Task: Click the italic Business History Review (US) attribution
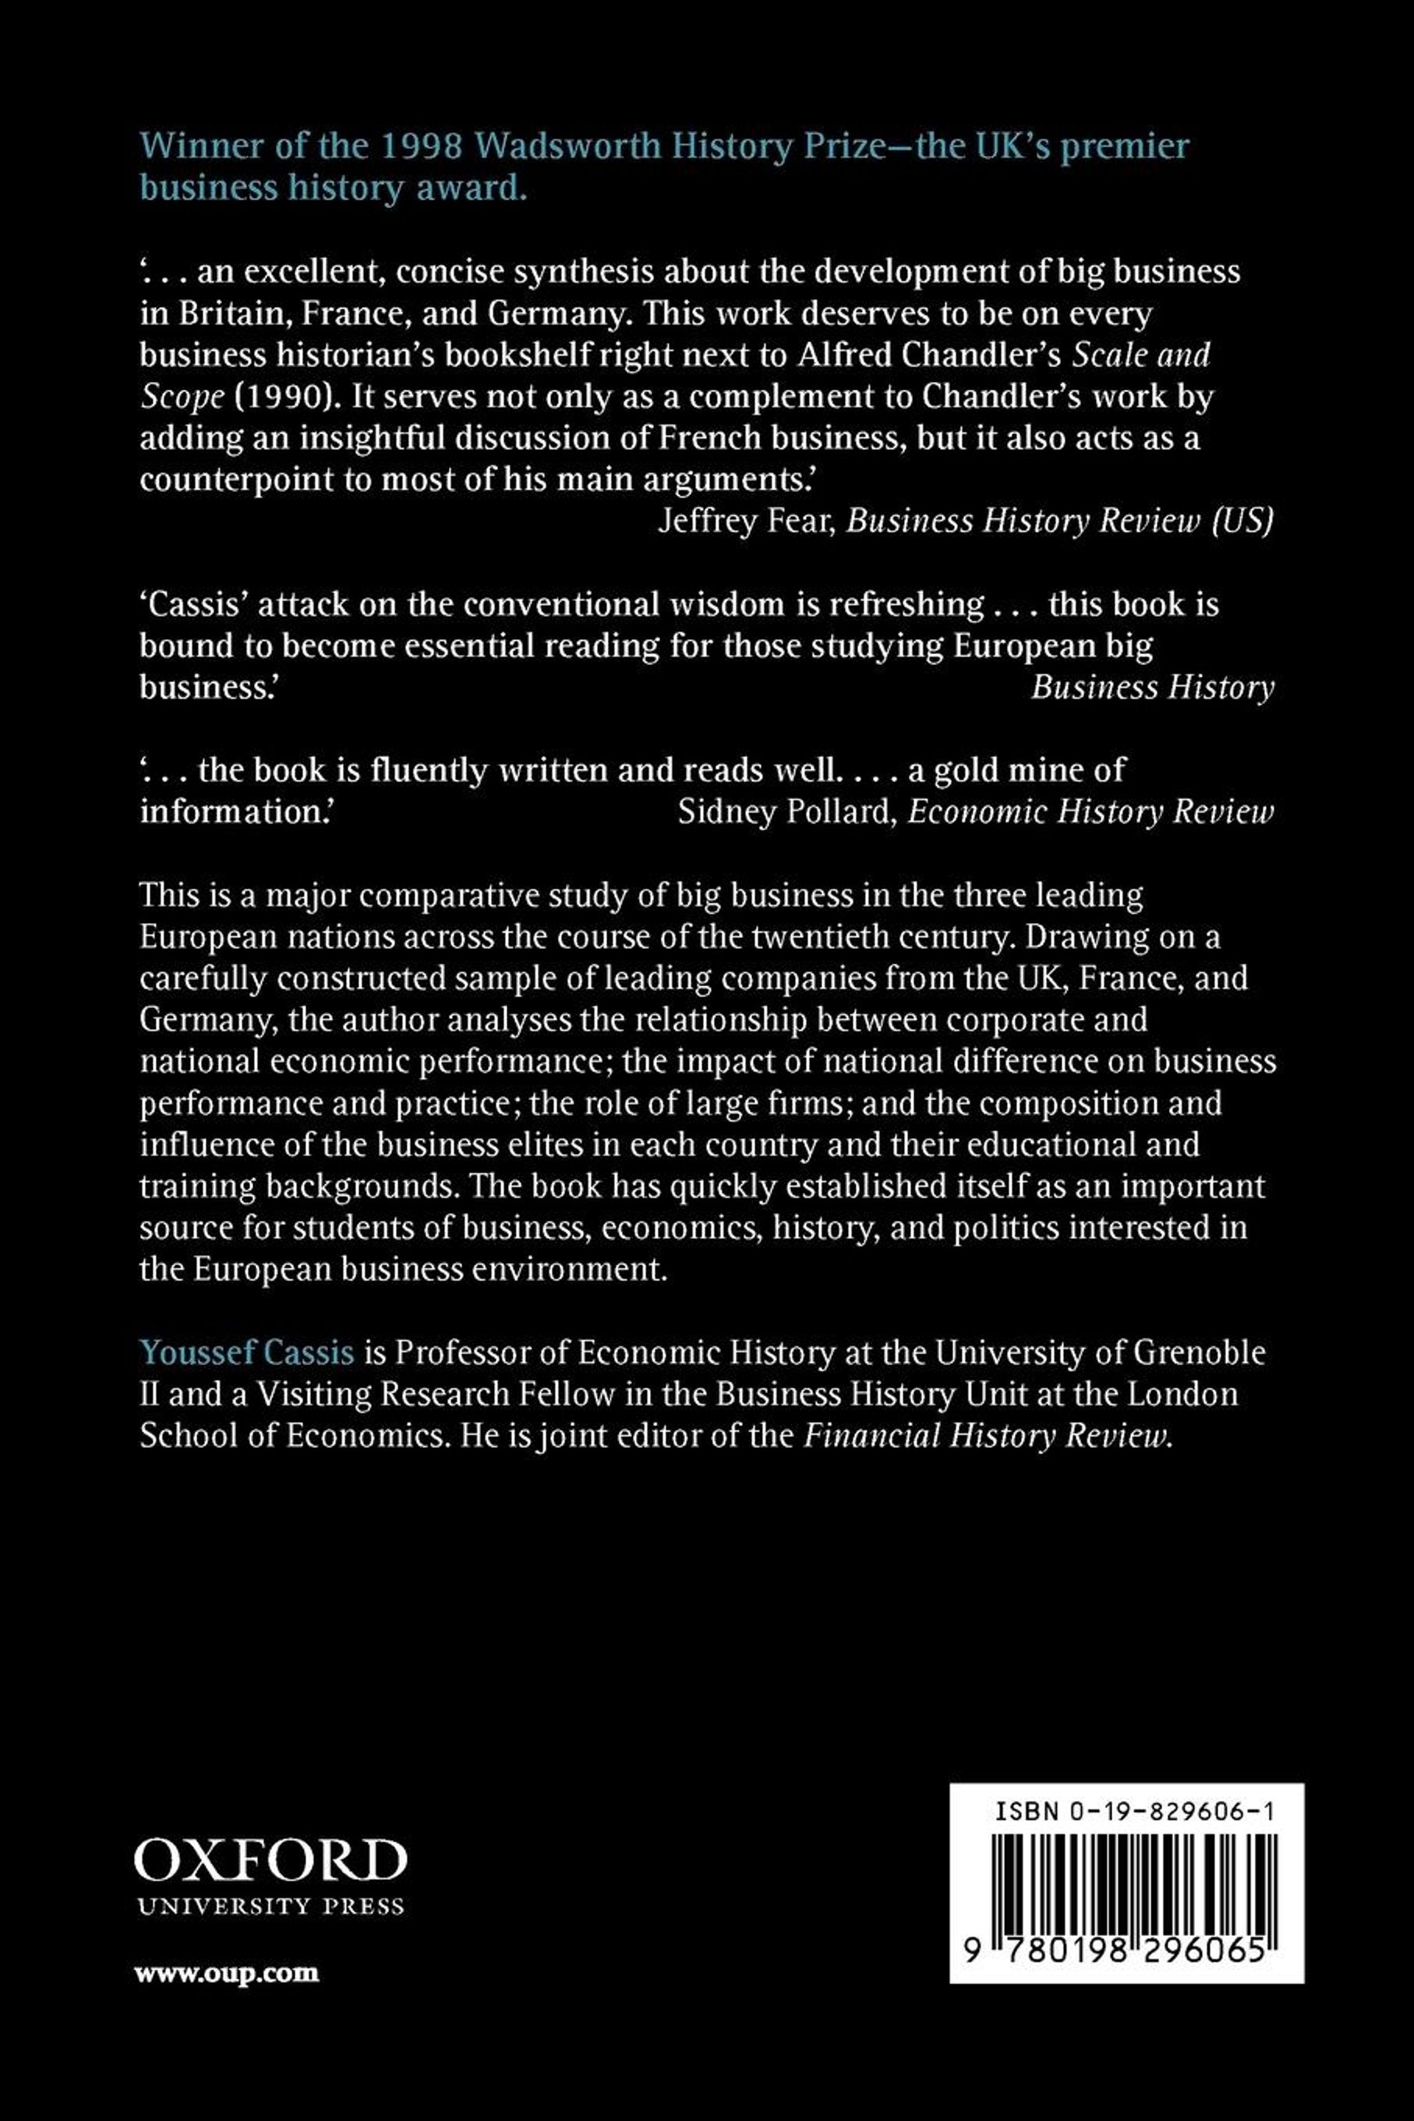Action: (1059, 521)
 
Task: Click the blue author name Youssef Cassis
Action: (247, 1353)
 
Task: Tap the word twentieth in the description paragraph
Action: (865, 937)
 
